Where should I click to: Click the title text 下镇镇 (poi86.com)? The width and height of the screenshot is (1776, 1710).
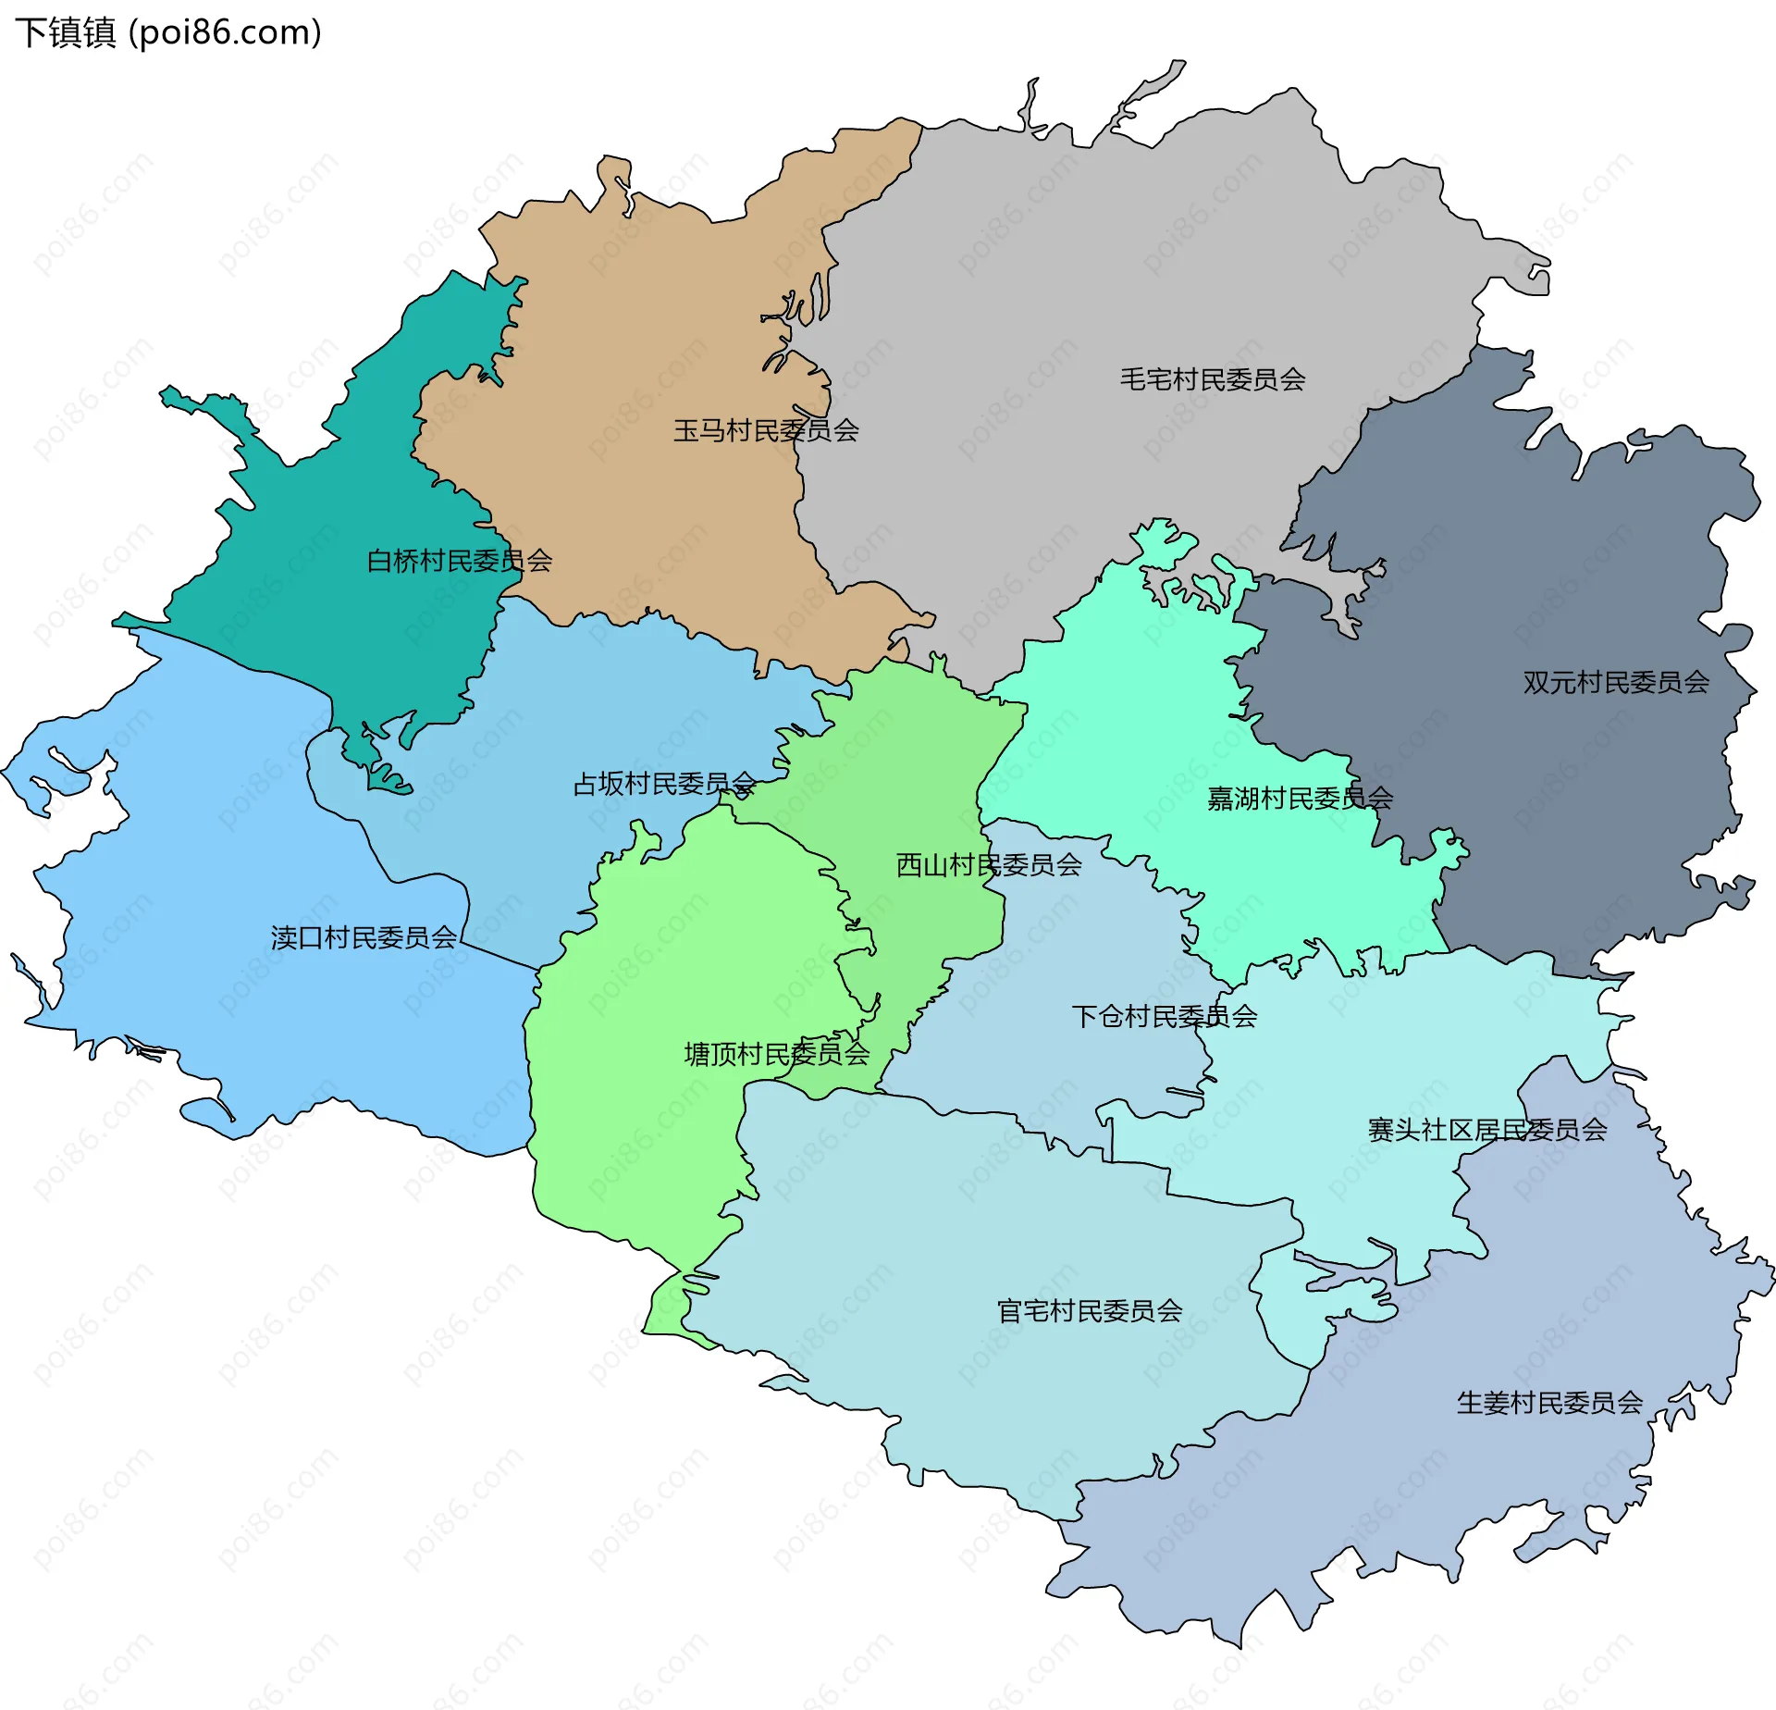[168, 32]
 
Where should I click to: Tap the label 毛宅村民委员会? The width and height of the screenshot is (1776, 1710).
[1212, 379]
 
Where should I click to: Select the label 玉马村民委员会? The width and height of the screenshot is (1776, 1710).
[766, 430]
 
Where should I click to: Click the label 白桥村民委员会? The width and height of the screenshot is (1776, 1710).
[460, 561]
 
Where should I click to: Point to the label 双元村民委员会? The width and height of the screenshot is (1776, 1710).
[1616, 683]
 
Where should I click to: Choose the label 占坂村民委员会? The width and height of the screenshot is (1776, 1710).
[664, 785]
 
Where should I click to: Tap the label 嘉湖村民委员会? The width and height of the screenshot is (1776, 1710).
[1300, 799]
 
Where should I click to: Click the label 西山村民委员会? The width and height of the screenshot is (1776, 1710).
[989, 865]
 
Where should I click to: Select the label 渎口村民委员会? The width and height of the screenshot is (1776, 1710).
[364, 938]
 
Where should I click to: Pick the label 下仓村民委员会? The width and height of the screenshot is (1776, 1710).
[1164, 1017]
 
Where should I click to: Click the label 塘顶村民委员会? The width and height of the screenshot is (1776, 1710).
[777, 1054]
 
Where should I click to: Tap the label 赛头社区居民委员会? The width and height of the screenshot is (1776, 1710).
[1487, 1130]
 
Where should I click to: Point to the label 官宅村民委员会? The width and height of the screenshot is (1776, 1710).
[1090, 1311]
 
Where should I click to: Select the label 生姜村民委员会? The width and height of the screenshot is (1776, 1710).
[1549, 1404]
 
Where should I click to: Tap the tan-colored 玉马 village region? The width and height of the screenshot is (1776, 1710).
[629, 333]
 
